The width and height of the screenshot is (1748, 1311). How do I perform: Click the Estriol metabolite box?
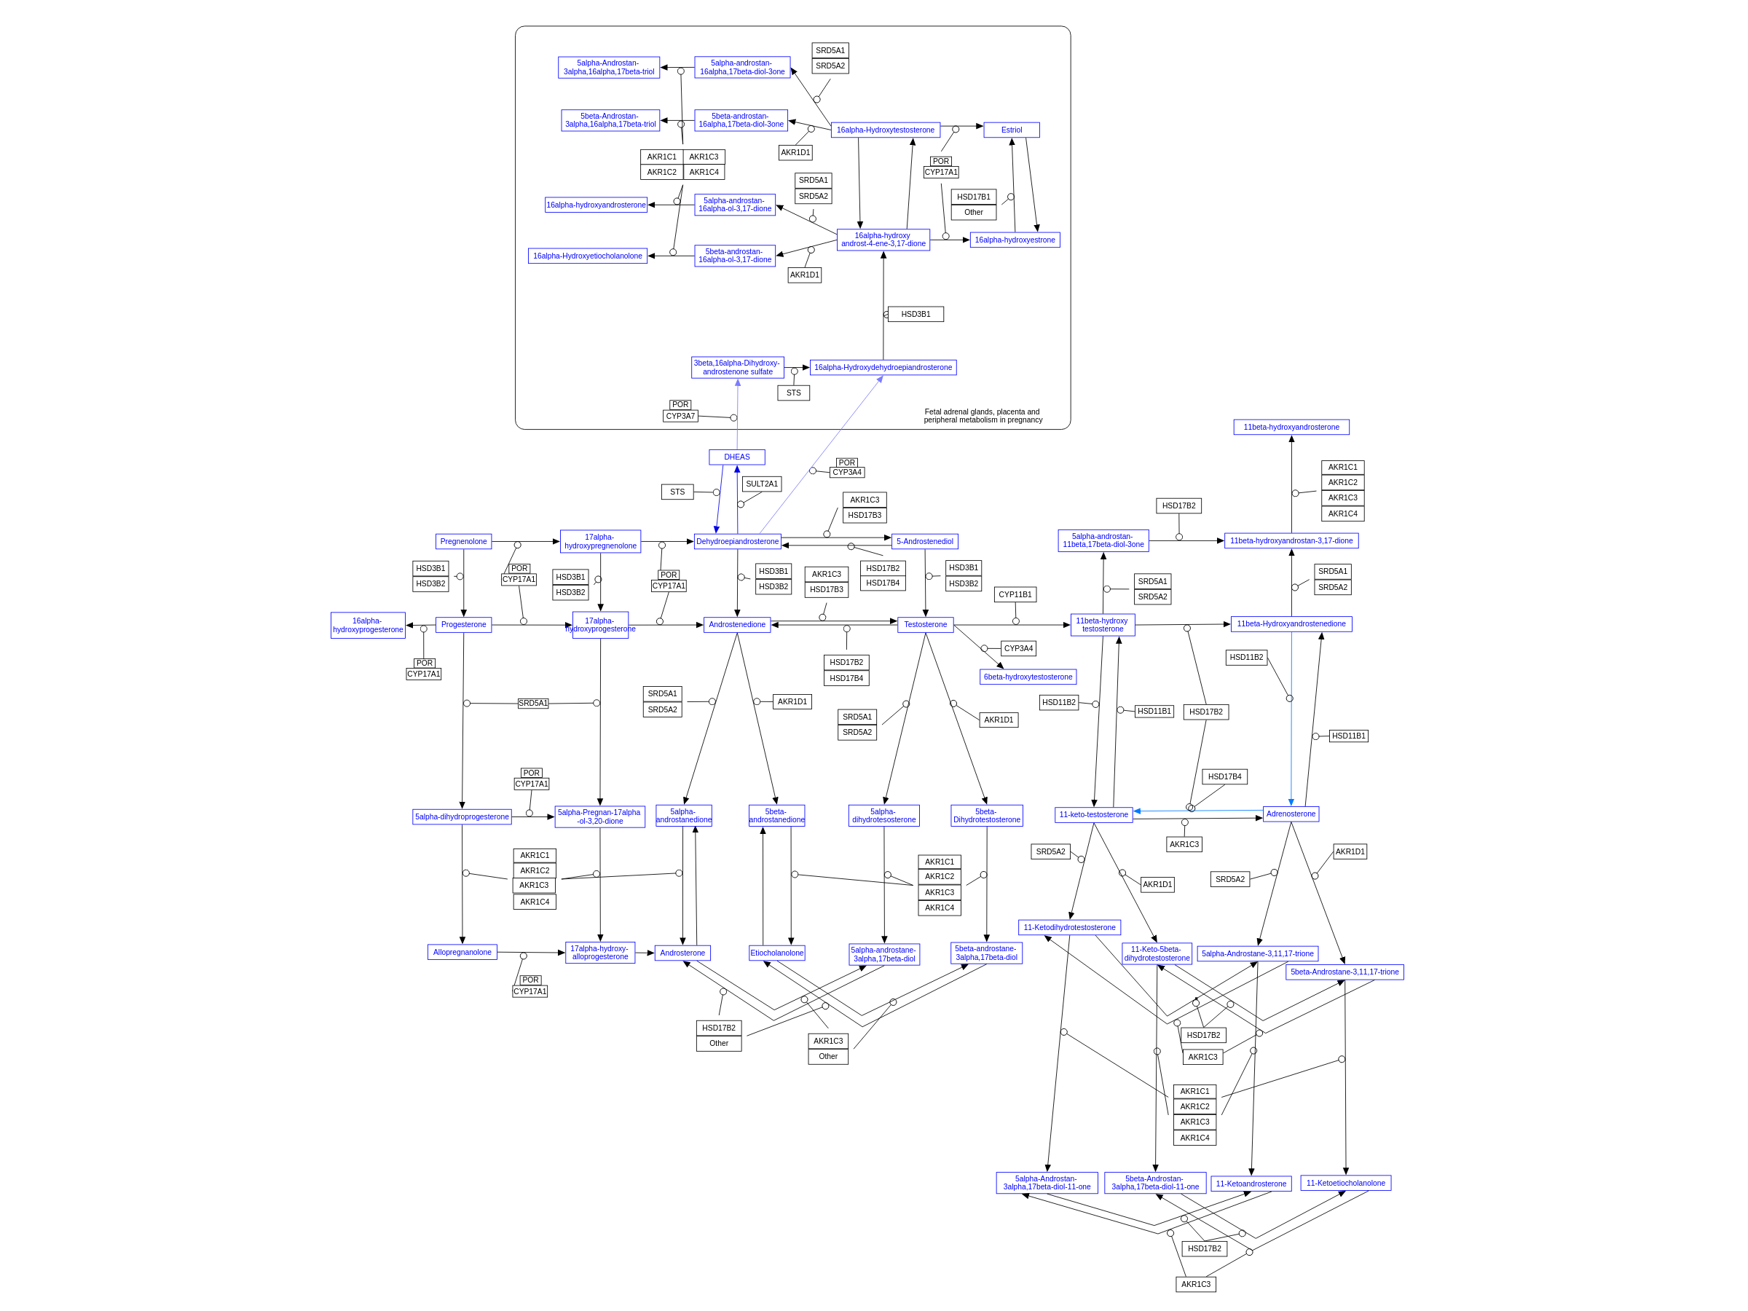(x=1011, y=130)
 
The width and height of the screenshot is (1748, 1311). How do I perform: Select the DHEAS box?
(x=736, y=457)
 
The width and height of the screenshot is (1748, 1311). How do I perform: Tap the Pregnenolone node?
(x=463, y=541)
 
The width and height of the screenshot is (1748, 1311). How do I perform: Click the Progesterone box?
(x=463, y=624)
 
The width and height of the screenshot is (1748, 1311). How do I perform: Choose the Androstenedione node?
(x=736, y=624)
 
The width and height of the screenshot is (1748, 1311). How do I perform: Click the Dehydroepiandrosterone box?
(x=736, y=541)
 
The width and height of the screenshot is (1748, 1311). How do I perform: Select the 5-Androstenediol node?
(x=924, y=541)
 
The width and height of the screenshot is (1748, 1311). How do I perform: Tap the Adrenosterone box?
(x=1290, y=814)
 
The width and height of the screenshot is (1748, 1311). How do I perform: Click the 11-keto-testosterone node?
(x=1093, y=815)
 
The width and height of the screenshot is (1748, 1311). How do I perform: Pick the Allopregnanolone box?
(x=462, y=952)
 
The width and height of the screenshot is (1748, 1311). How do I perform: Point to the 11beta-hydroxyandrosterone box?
(x=1291, y=428)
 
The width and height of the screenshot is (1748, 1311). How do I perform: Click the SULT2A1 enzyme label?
(x=761, y=484)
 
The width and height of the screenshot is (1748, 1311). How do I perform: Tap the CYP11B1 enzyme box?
(x=1015, y=594)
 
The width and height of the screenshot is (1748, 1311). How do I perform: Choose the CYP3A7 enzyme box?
(x=680, y=417)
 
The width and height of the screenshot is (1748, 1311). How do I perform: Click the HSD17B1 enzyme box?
(x=973, y=197)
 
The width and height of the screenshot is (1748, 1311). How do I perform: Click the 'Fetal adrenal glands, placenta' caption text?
(x=983, y=416)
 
